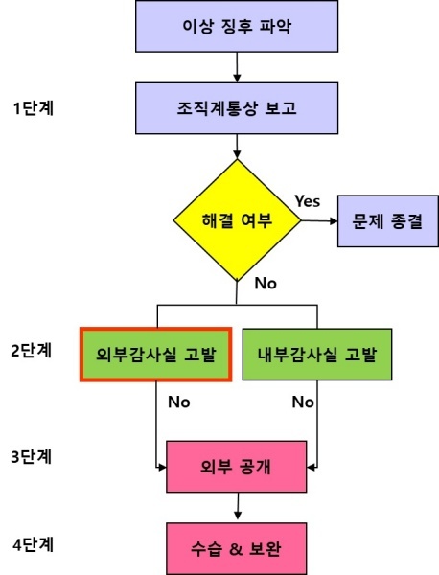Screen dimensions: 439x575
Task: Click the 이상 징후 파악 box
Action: click(x=237, y=26)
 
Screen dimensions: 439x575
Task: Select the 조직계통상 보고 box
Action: click(x=237, y=108)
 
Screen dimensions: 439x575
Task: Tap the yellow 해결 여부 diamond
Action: click(x=237, y=220)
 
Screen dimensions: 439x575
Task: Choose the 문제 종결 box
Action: click(x=387, y=221)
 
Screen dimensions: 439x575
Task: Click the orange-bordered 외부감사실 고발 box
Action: click(x=156, y=355)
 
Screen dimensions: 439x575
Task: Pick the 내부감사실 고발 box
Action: click(x=317, y=355)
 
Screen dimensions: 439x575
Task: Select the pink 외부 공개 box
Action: click(x=236, y=467)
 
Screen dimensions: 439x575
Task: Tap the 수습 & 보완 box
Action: click(x=236, y=548)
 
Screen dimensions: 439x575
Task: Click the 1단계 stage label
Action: click(x=34, y=108)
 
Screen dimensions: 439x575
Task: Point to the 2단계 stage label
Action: click(x=32, y=351)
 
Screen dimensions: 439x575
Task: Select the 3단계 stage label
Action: click(x=32, y=457)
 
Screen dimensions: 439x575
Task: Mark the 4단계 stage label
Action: click(x=34, y=545)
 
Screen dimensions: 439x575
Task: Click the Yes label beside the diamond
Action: click(x=308, y=201)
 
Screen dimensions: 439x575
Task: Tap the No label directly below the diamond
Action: click(x=266, y=283)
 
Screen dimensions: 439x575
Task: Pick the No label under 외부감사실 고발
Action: click(x=179, y=402)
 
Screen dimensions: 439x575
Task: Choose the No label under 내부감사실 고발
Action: click(x=303, y=402)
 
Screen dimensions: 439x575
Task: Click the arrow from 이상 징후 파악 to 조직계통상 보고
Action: click(x=237, y=67)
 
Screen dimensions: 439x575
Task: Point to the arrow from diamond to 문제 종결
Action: click(x=319, y=220)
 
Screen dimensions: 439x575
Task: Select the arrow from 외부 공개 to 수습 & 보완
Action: click(x=238, y=506)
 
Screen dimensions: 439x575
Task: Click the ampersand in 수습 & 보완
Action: click(x=236, y=549)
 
